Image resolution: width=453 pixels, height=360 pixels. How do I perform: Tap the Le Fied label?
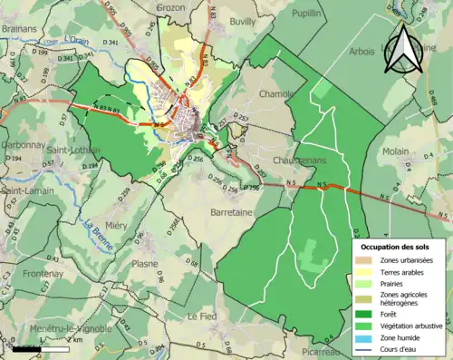pyautogui.click(x=202, y=316)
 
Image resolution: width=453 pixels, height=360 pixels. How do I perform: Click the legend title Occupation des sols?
pyautogui.click(x=394, y=247)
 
